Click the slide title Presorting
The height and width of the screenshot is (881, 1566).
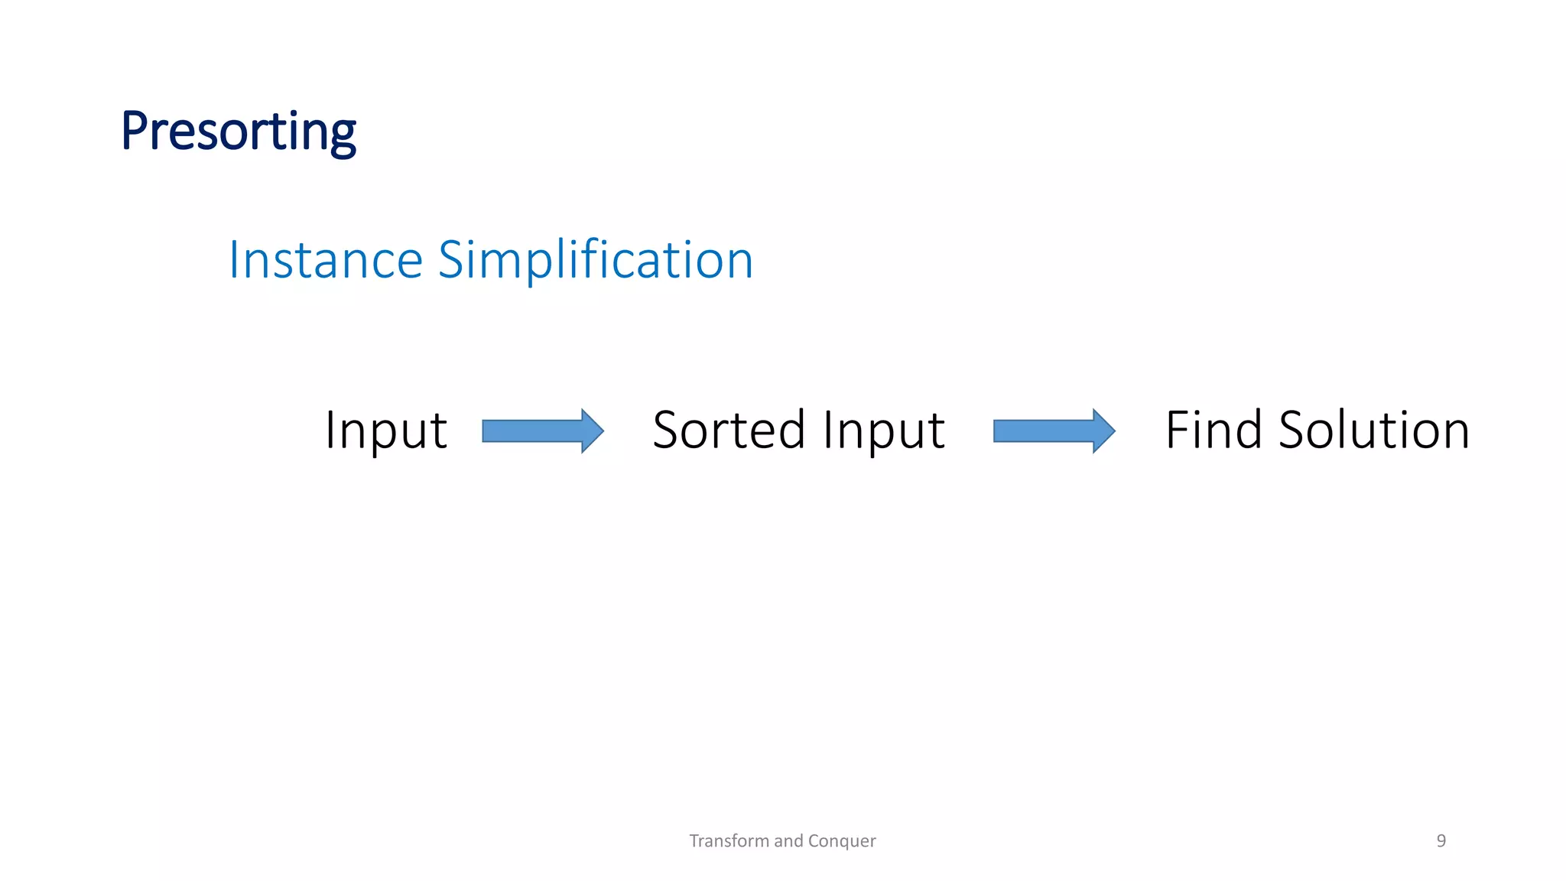(238, 132)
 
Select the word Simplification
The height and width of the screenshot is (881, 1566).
(595, 260)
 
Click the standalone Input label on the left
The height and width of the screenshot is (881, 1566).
(385, 430)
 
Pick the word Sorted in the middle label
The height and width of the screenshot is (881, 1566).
(729, 430)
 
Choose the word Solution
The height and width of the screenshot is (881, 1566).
(1374, 430)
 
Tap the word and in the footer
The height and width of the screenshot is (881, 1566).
(788, 841)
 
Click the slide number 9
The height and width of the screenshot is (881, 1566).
(1441, 841)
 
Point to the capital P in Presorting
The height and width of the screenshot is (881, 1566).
(135, 132)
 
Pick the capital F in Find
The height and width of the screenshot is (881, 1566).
(1177, 430)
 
